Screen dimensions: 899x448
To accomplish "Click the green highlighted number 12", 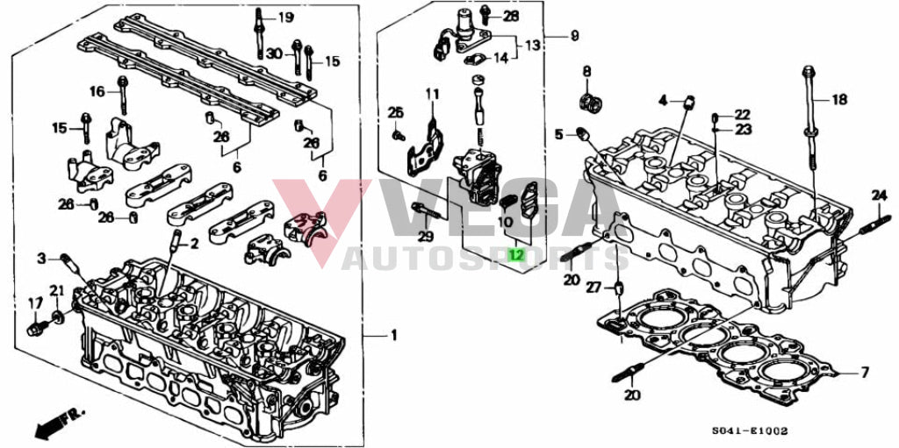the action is [x=517, y=254].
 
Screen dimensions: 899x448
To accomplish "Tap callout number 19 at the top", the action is [x=285, y=18].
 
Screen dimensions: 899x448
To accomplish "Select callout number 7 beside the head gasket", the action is [x=865, y=373].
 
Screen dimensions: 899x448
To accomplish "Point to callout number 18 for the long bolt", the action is [x=838, y=100].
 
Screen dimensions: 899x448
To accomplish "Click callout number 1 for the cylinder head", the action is [x=393, y=335].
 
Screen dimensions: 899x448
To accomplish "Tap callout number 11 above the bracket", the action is [x=432, y=94].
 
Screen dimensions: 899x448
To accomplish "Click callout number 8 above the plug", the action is [x=586, y=71].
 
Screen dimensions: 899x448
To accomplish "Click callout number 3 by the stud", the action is [x=41, y=260].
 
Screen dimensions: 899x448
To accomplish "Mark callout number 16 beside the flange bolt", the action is [x=97, y=90].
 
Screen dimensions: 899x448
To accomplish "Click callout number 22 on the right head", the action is [x=743, y=115].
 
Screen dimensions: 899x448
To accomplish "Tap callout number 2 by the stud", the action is [x=194, y=244].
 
